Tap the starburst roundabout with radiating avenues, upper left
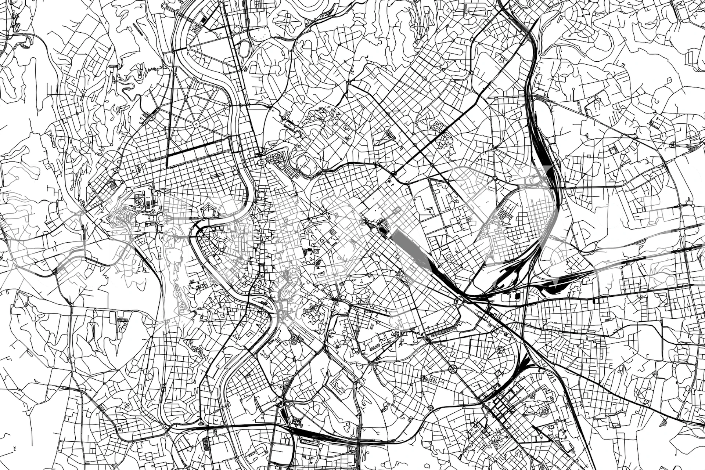[196, 124]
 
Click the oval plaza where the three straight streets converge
[262, 162]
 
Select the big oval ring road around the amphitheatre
[341, 307]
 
